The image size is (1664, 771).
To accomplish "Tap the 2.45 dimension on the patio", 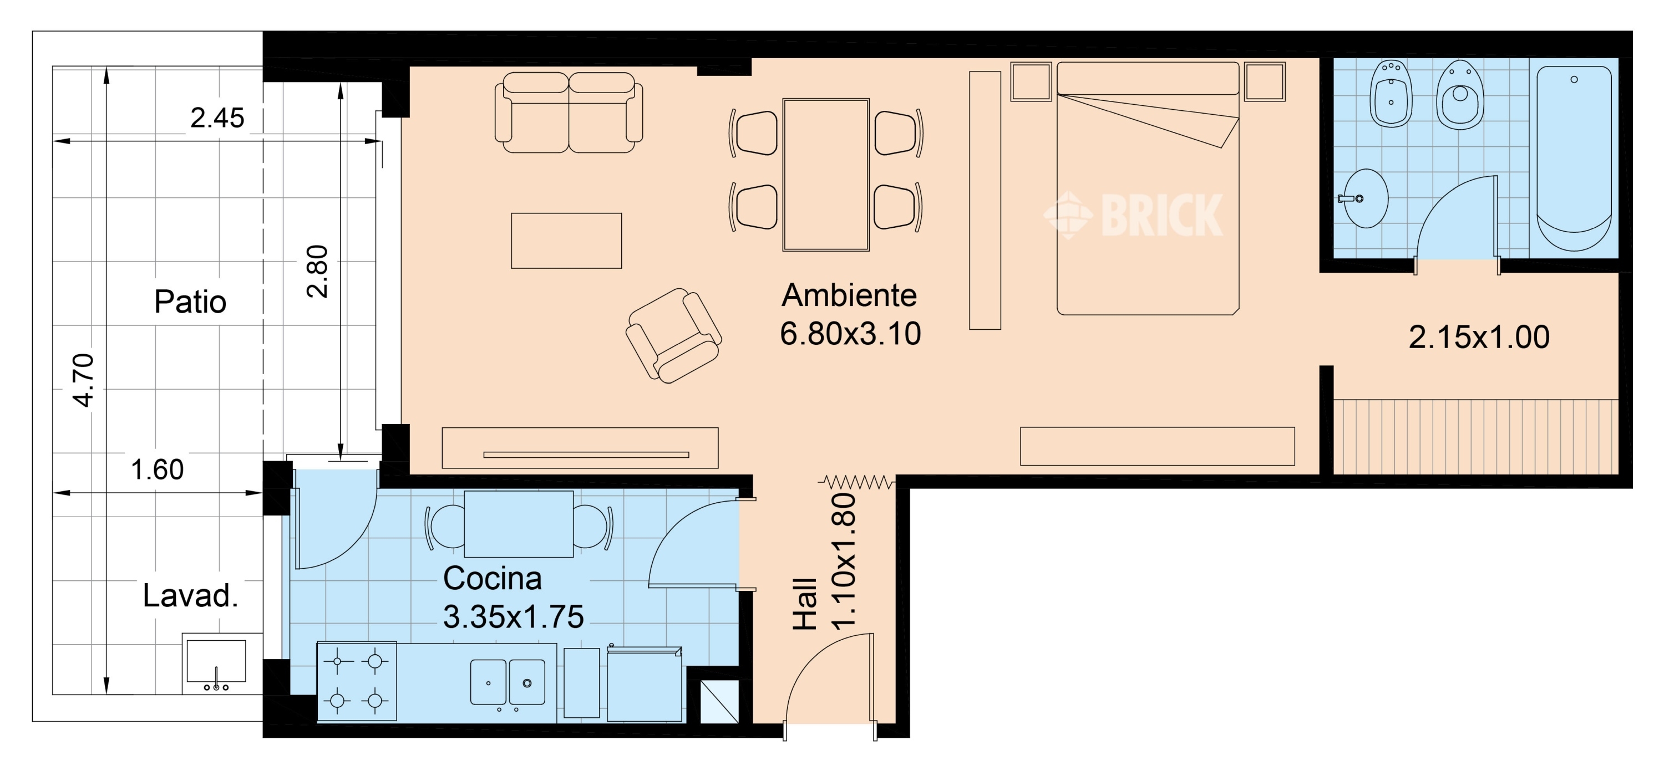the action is (x=217, y=118).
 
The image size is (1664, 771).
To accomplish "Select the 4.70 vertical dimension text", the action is (x=84, y=380).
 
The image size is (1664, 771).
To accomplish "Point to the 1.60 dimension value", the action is (x=157, y=469).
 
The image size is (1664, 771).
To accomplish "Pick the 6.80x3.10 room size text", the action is (x=850, y=334).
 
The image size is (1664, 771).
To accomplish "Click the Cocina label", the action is (x=492, y=579).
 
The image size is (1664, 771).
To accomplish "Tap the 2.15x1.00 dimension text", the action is (x=1479, y=337).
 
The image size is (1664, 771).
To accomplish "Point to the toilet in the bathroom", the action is (x=1459, y=95).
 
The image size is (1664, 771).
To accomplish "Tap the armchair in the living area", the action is (x=674, y=336).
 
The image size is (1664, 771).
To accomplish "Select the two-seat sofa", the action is (x=569, y=113).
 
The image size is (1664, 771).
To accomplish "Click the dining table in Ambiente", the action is (x=825, y=175).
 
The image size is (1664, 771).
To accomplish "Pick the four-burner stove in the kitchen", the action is (x=357, y=681).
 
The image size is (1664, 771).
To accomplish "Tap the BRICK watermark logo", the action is (x=1134, y=215).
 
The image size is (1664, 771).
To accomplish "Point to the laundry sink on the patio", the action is (x=216, y=663).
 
